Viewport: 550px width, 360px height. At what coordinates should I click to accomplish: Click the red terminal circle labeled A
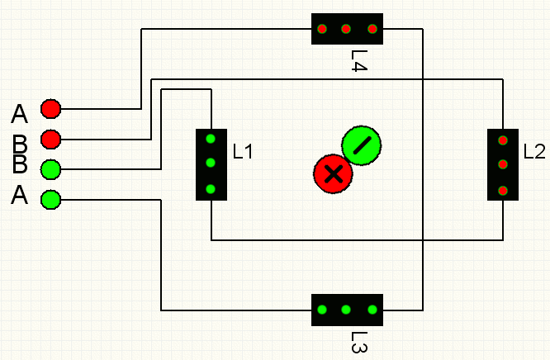[51, 109]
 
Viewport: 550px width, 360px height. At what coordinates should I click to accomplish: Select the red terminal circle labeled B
[51, 140]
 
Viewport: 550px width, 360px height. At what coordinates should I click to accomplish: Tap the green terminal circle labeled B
[51, 169]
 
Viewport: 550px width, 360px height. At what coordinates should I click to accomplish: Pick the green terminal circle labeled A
[51, 200]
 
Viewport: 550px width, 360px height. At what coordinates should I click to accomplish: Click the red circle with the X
[334, 174]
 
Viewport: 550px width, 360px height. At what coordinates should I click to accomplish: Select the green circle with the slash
[362, 145]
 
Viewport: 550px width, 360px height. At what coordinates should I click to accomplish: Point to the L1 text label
[243, 152]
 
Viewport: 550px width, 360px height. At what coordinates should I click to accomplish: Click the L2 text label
[534, 152]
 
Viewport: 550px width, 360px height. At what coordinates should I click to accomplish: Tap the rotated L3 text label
[359, 342]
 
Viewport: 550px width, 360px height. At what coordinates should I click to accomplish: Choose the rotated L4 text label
[359, 61]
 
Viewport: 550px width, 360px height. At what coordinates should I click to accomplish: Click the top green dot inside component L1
[211, 139]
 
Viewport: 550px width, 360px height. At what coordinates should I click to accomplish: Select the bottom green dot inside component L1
[211, 189]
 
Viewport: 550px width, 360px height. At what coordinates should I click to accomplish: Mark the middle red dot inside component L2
[503, 164]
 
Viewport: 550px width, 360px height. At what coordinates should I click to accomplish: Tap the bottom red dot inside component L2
[503, 191]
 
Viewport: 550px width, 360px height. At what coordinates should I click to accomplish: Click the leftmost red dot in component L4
[322, 29]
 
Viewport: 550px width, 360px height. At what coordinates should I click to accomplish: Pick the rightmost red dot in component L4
[372, 29]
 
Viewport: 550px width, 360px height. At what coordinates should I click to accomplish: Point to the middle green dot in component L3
[346, 310]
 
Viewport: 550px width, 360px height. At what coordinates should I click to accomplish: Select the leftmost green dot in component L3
[322, 310]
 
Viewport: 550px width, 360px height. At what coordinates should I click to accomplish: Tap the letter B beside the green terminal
[20, 163]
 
